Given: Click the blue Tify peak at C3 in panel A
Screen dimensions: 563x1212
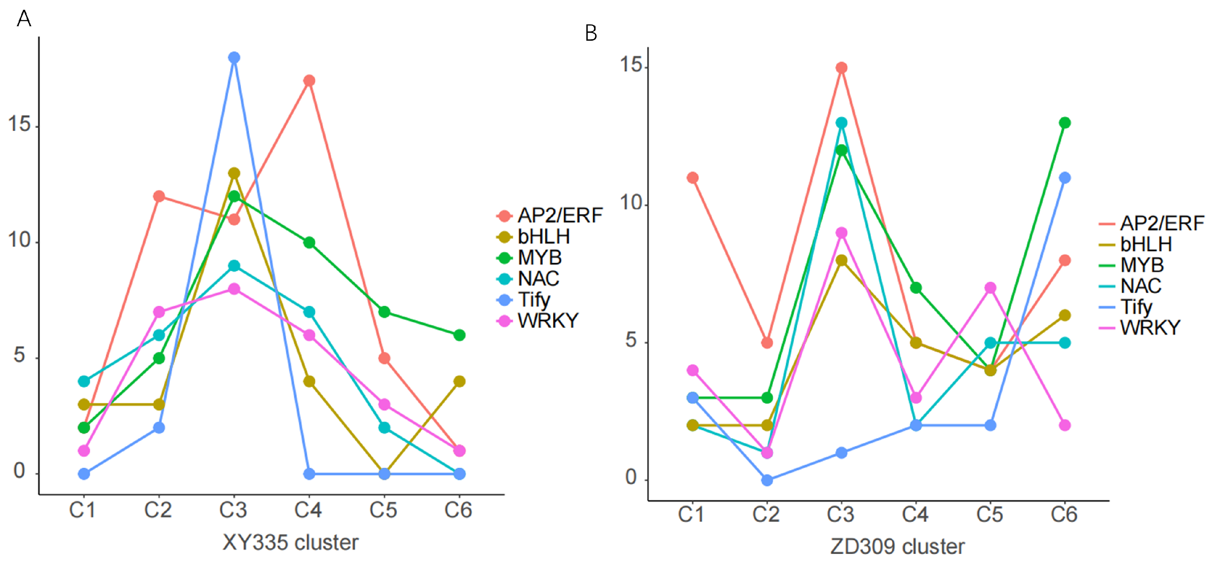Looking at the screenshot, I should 234,58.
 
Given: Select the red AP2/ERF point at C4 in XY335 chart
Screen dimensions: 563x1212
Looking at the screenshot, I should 309,81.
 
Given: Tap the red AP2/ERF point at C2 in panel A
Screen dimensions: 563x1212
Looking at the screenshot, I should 159,196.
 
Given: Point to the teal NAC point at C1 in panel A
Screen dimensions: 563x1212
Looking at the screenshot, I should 84,381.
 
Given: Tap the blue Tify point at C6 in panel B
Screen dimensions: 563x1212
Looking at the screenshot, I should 1065,178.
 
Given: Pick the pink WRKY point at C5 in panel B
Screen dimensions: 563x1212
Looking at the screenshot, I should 990,288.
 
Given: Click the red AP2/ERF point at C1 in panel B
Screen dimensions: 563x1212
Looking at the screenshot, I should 693,178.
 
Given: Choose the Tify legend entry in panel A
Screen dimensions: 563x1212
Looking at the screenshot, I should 533,299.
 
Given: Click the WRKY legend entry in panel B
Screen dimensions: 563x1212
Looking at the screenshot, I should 1149,328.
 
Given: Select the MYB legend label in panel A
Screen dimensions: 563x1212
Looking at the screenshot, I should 540,257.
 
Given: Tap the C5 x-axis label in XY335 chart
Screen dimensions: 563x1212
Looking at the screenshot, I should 383,510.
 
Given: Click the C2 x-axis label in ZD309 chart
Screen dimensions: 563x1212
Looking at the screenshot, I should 766,514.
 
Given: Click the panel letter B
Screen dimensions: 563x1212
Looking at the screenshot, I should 591,33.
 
